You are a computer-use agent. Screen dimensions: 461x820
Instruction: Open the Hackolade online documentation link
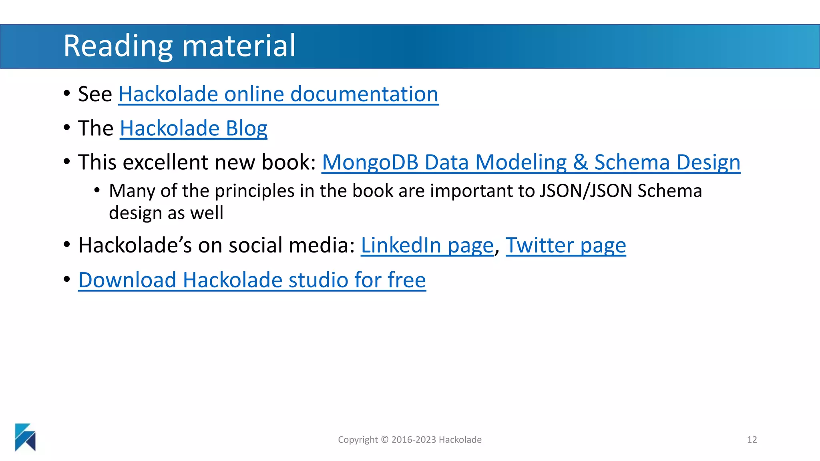(x=278, y=94)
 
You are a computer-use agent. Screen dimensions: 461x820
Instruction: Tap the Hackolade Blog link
(x=193, y=128)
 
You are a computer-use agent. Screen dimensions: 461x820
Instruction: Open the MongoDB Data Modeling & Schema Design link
(x=531, y=162)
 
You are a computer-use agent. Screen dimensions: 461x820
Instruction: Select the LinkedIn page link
(x=427, y=245)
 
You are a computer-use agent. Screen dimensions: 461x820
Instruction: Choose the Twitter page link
(x=565, y=245)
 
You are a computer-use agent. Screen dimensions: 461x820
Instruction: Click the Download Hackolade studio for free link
(x=252, y=280)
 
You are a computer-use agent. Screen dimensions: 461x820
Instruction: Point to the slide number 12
(x=752, y=440)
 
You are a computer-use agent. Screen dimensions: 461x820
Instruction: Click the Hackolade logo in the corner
(x=25, y=437)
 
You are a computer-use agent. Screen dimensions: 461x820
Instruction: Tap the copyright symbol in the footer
(x=384, y=440)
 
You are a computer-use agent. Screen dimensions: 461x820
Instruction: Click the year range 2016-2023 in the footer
(x=414, y=440)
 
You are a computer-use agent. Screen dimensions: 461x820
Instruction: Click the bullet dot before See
(x=67, y=94)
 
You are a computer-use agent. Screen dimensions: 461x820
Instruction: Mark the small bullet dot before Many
(x=97, y=190)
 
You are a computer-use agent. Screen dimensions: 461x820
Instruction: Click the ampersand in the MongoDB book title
(x=580, y=162)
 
